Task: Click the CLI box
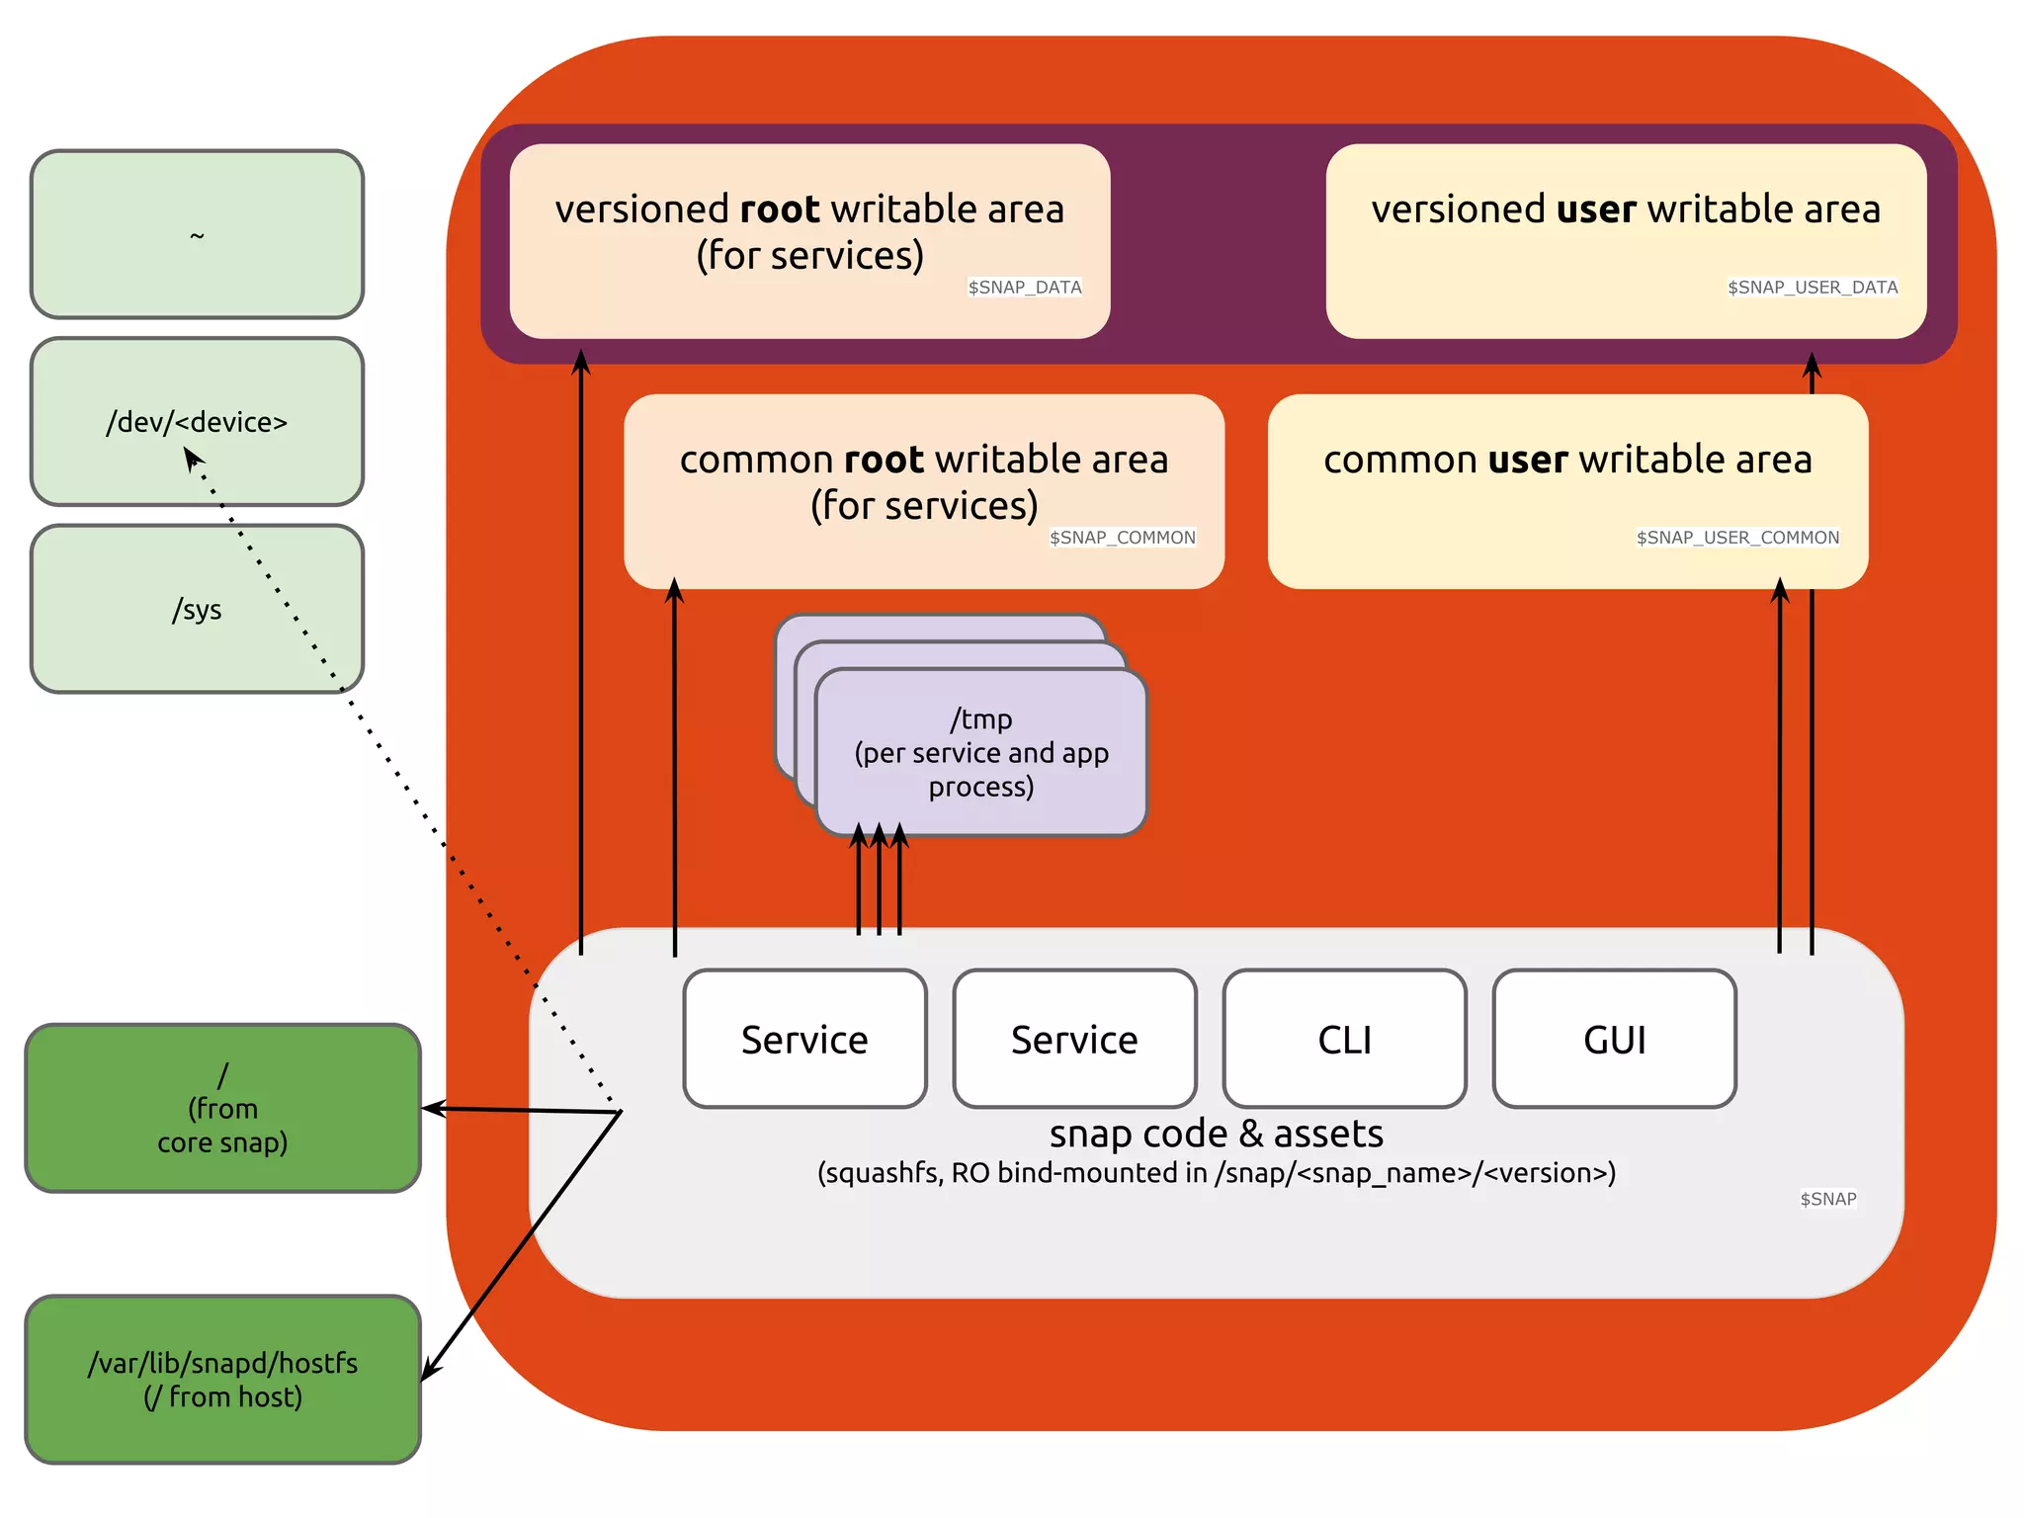point(1344,1039)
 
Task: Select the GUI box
point(1614,1039)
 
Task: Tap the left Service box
point(804,1039)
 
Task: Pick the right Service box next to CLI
point(1074,1039)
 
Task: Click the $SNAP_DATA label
point(1025,287)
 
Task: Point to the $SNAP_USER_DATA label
point(1813,287)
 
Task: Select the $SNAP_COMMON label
point(1122,537)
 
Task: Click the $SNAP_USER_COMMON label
point(1737,537)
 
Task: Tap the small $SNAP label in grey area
point(1827,1199)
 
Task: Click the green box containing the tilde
point(197,234)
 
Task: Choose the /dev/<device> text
point(197,422)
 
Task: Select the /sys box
point(197,609)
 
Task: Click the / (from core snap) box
point(222,1108)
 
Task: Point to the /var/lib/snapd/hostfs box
point(222,1380)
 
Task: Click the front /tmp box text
point(980,752)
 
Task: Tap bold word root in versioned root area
point(780,210)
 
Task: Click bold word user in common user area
point(1527,460)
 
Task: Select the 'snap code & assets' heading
point(1216,1134)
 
